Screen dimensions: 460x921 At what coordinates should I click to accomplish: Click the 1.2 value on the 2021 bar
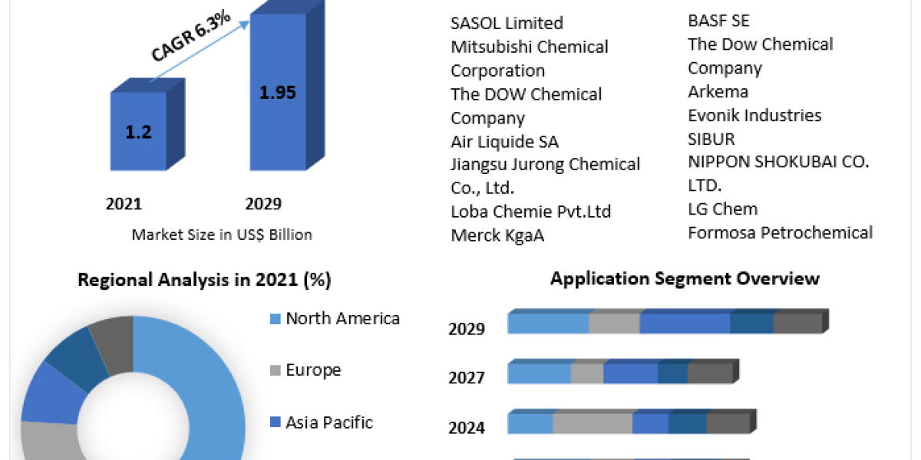(138, 131)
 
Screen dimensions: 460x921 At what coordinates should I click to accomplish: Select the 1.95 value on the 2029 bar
(278, 93)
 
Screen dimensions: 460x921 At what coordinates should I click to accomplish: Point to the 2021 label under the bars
(124, 204)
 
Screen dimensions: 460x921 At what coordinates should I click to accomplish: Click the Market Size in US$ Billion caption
(222, 235)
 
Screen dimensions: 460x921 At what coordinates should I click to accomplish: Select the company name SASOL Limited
(507, 23)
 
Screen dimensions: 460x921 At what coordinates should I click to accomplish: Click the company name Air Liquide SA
(504, 142)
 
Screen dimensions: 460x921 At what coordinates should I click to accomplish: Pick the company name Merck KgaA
(497, 235)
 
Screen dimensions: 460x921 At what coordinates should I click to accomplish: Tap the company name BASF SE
(718, 21)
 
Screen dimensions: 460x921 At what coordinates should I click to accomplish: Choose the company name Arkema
(718, 92)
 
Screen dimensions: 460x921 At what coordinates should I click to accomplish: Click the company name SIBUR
(711, 139)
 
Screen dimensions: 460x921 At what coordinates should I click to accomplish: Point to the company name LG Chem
(722, 209)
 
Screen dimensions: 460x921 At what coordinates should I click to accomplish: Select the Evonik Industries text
(754, 116)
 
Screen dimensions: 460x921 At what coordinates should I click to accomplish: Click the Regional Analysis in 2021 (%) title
(204, 281)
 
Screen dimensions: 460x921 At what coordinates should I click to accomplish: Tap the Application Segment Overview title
(685, 278)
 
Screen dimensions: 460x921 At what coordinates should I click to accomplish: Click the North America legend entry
(342, 319)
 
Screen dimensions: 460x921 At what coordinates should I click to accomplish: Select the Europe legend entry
(313, 370)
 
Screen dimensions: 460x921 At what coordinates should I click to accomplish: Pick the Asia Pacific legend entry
(328, 422)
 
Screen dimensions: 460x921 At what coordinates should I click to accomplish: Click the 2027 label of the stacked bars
(466, 378)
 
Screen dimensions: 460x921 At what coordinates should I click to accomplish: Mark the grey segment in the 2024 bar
(593, 423)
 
